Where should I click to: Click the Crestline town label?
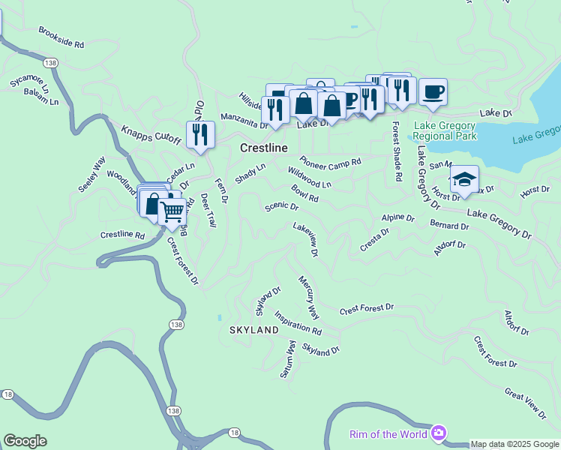pos(263,148)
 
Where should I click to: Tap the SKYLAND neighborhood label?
pos(253,330)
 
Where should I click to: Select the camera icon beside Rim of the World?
pos(439,433)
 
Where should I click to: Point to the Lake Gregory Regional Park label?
pos(444,130)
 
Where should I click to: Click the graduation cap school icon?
pos(464,180)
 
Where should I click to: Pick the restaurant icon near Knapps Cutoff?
pos(200,134)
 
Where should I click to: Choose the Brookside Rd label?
pos(61,37)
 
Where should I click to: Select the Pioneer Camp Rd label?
pos(330,161)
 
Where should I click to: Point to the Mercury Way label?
pos(308,297)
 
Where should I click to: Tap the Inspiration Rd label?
pos(298,323)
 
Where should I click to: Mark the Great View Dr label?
pos(526,402)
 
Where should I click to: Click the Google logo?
pos(25,441)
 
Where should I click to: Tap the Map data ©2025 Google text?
pos(514,444)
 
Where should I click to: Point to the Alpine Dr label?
pos(397,217)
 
